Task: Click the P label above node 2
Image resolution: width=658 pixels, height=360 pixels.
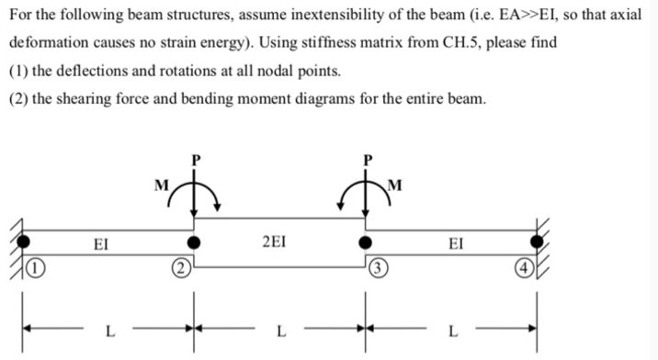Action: (195, 159)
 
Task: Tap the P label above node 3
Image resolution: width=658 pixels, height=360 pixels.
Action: (369, 159)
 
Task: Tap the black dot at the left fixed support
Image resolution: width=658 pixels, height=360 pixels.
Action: (26, 243)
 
